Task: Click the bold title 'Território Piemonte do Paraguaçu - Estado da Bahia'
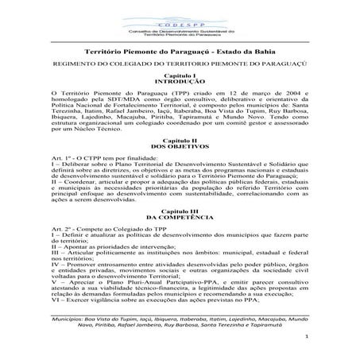[180, 50]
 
